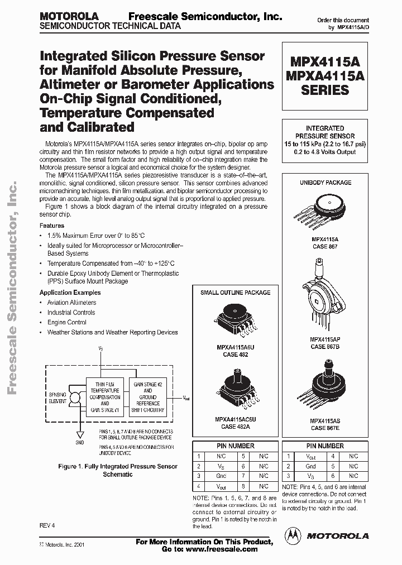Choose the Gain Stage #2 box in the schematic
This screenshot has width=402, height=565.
[x=147, y=396]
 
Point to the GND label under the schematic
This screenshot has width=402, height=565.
[x=80, y=443]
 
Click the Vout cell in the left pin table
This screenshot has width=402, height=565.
[x=222, y=486]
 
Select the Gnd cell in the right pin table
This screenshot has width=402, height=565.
[x=310, y=466]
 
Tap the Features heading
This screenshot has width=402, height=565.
[x=51, y=226]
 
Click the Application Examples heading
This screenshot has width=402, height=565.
[x=70, y=293]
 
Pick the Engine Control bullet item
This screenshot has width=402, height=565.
[x=66, y=322]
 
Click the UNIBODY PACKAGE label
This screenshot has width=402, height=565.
[x=325, y=183]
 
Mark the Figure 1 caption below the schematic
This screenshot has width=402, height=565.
[x=118, y=470]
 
